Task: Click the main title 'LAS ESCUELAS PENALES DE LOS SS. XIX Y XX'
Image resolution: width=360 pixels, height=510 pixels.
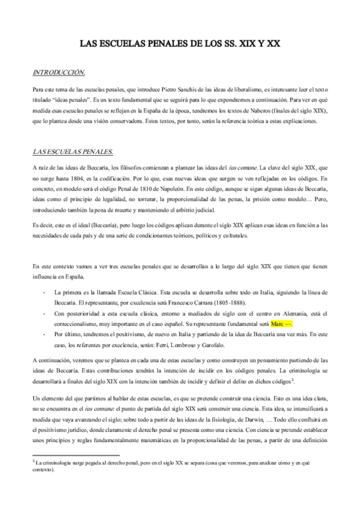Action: pyautogui.click(x=180, y=44)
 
